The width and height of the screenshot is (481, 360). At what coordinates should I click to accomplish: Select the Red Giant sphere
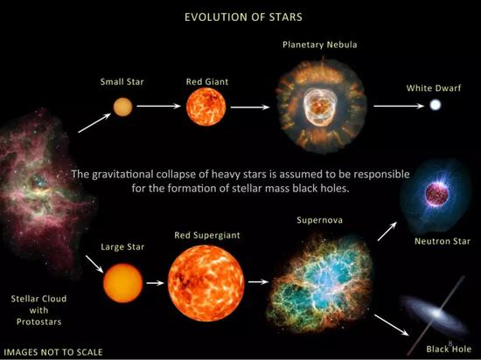[x=206, y=107]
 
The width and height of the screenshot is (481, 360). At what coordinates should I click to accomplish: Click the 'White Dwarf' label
[x=435, y=88]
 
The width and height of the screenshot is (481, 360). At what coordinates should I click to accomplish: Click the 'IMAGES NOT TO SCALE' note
[x=53, y=352]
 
